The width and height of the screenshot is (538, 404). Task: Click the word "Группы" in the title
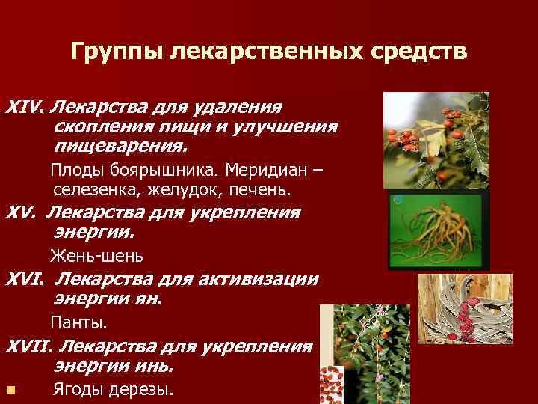pyautogui.click(x=117, y=52)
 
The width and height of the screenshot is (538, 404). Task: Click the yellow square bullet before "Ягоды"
pyautogui.click(x=9, y=390)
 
